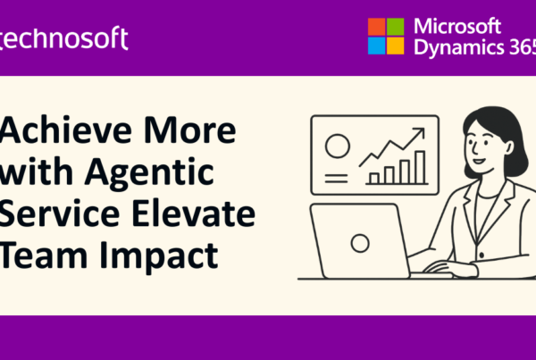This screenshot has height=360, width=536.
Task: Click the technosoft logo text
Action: (x=63, y=38)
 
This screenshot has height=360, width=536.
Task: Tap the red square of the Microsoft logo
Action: (x=377, y=27)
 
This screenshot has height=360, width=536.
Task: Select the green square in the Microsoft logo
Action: (x=395, y=27)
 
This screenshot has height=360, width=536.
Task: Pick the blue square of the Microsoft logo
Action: (x=377, y=46)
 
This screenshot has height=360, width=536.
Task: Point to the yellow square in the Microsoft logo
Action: (x=395, y=46)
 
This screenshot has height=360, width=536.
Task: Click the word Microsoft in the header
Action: (x=457, y=26)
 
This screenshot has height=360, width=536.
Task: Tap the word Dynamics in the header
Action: (x=459, y=46)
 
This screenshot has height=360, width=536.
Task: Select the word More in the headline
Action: (x=189, y=130)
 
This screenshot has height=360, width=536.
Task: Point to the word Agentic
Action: (x=149, y=172)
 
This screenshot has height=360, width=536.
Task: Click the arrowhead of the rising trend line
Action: (x=420, y=132)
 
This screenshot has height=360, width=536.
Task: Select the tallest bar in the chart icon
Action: (x=420, y=167)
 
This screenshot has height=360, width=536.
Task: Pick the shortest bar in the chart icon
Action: (x=374, y=178)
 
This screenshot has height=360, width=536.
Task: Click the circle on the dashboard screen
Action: (x=338, y=146)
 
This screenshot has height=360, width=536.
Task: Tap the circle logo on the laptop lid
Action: (x=360, y=243)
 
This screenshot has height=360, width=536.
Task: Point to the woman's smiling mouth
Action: (x=478, y=161)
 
